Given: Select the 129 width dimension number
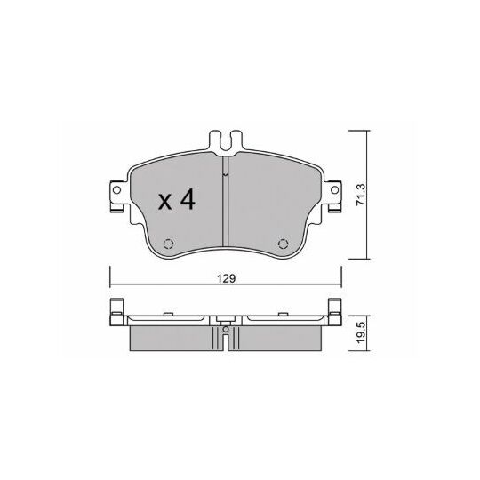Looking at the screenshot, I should (x=226, y=279).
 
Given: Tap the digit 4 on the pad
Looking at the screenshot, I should (x=187, y=202).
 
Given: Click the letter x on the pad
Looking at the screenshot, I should (x=165, y=204).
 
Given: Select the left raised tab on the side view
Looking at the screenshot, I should (x=115, y=308).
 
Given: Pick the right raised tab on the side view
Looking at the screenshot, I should (x=338, y=308).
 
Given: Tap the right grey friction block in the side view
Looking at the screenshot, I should (x=281, y=335).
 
